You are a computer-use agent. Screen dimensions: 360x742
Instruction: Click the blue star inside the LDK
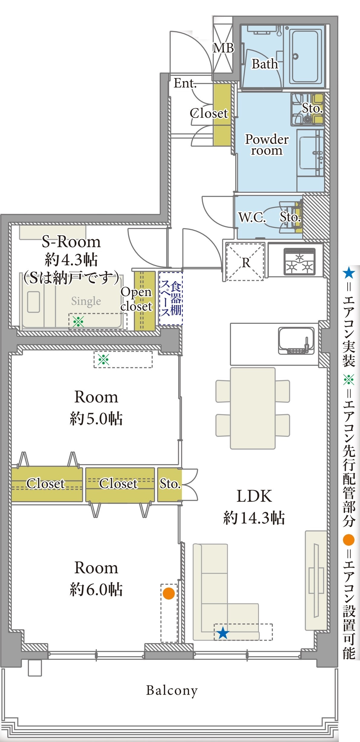click(223, 633)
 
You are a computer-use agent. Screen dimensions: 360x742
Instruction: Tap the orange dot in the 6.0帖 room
click(169, 593)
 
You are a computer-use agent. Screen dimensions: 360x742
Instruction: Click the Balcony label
click(172, 691)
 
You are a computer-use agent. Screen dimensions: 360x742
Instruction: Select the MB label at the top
click(223, 48)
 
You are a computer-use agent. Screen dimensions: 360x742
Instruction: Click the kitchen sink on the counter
click(296, 340)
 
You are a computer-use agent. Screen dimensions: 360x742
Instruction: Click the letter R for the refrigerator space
click(246, 263)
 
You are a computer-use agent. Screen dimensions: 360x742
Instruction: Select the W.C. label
click(252, 217)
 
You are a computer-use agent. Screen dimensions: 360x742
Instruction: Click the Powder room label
click(267, 145)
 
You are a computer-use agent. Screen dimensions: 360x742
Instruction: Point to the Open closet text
click(136, 299)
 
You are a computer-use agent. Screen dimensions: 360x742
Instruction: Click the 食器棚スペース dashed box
click(171, 298)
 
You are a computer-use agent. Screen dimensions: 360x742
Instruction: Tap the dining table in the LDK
click(253, 408)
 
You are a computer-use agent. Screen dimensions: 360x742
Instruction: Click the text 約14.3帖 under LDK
click(254, 518)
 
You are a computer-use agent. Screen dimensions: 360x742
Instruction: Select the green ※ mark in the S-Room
click(78, 321)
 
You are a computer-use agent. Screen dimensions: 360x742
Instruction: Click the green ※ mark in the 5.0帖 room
click(103, 360)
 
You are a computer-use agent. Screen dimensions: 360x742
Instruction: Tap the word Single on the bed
click(86, 301)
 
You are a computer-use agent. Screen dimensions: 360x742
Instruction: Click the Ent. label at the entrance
click(185, 83)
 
